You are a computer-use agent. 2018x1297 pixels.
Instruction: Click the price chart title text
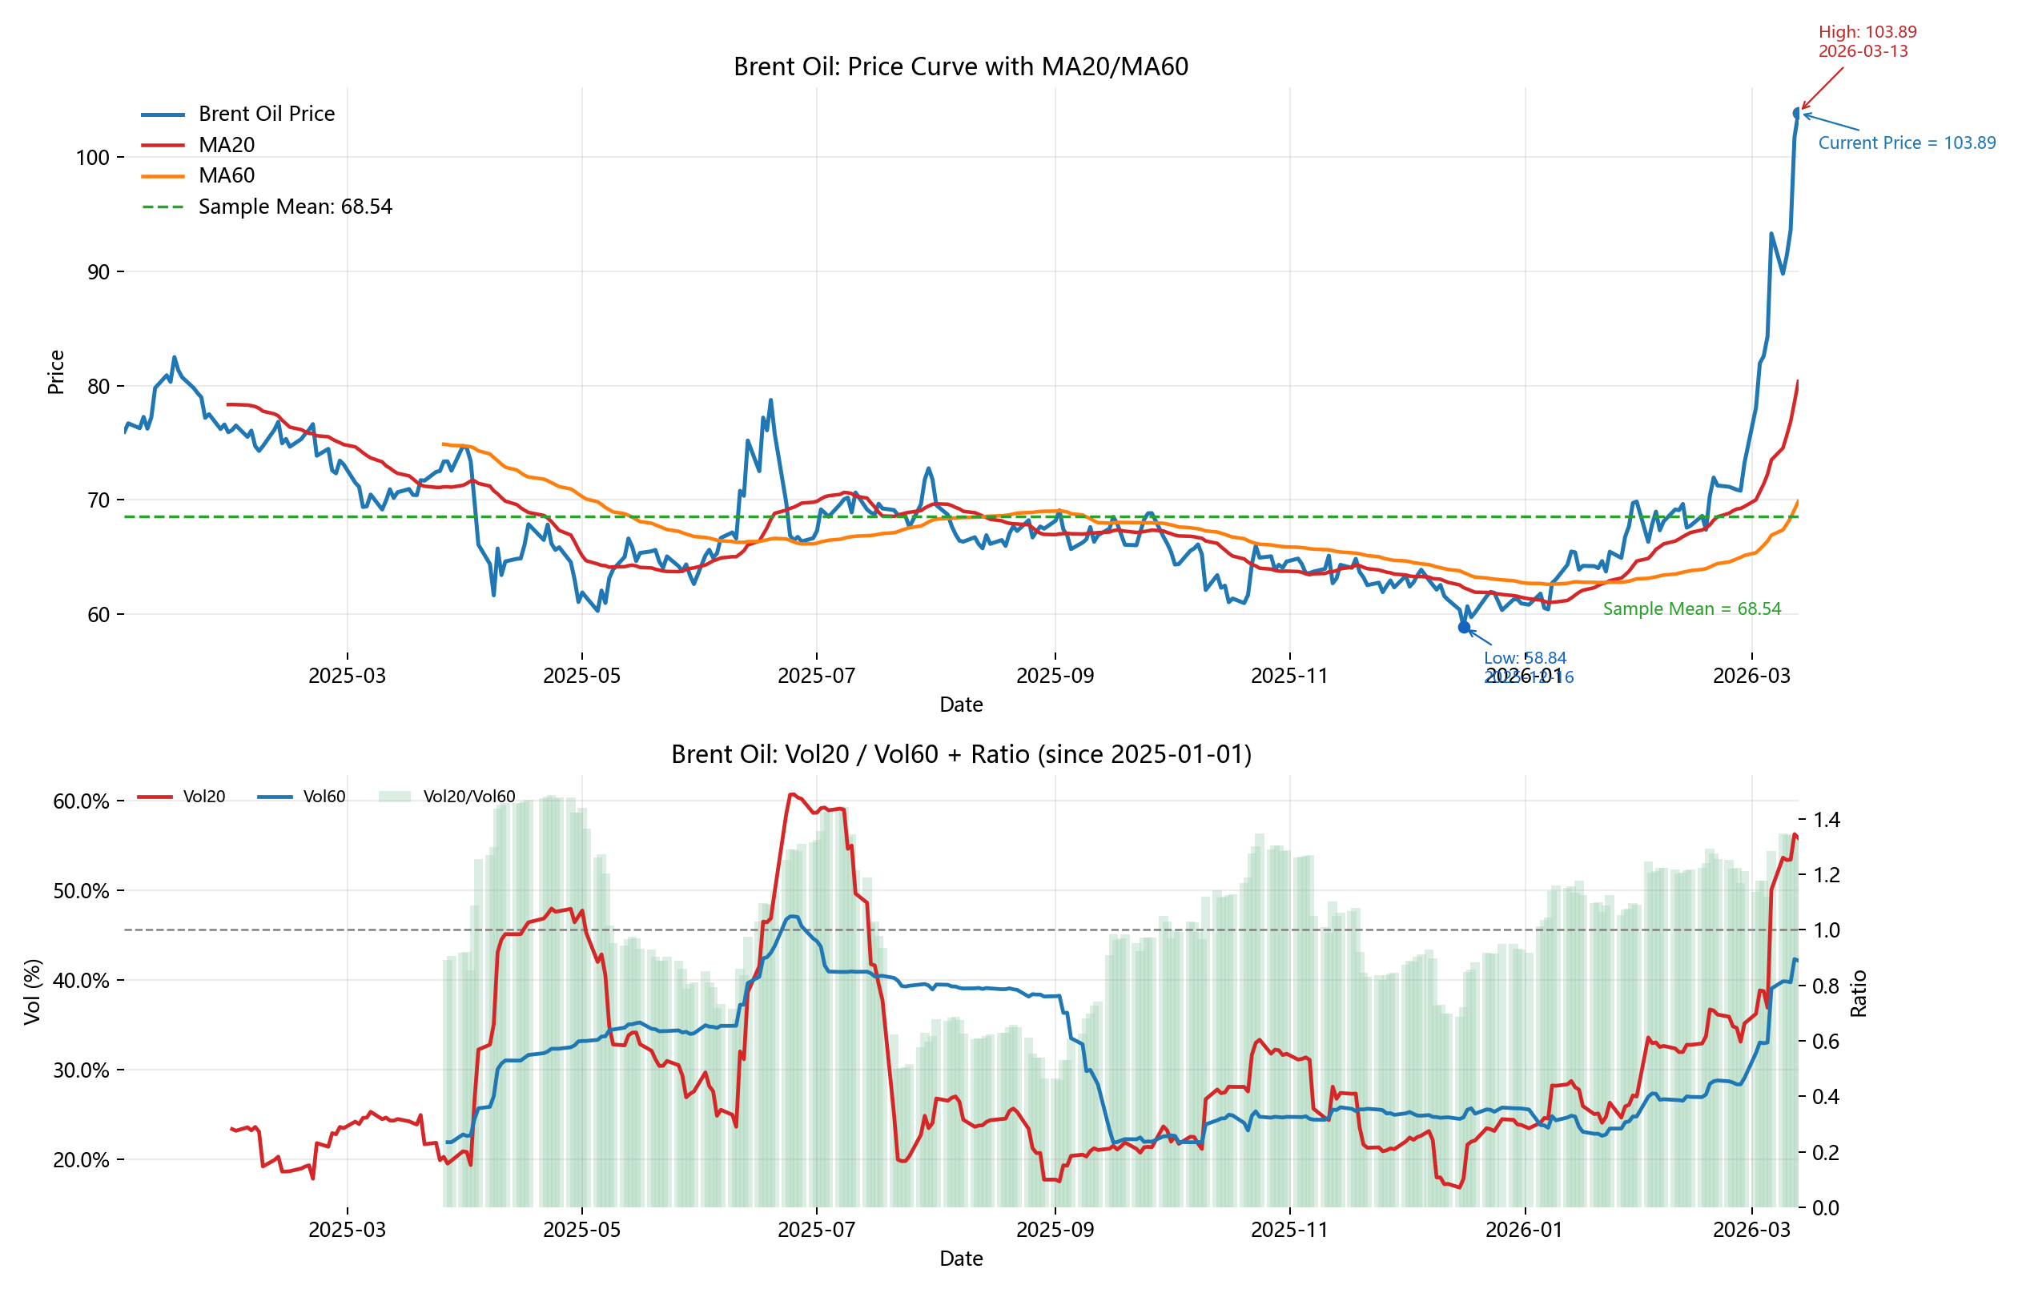[x=960, y=66]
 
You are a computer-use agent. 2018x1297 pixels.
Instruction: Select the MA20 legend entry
[x=226, y=145]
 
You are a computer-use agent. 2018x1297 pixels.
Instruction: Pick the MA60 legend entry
[x=226, y=175]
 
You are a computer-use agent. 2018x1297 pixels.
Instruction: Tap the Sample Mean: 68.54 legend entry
[x=295, y=207]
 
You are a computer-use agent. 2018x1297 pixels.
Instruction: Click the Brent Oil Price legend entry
[x=266, y=114]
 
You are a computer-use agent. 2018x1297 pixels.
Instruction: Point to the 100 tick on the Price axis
[x=93, y=158]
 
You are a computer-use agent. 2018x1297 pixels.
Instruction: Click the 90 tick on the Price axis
[x=98, y=272]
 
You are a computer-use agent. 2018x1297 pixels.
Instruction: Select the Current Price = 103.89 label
[x=1906, y=143]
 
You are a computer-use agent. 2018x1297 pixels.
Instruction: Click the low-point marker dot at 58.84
[x=1464, y=628]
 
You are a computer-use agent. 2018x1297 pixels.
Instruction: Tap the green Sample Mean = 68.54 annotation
[x=1691, y=609]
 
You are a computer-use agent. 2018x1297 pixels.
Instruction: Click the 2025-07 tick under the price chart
[x=815, y=677]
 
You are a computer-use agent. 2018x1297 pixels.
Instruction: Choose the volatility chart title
[x=960, y=753]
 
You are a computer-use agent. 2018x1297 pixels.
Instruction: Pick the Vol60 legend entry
[x=324, y=797]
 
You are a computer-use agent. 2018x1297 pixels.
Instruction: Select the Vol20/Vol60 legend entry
[x=468, y=797]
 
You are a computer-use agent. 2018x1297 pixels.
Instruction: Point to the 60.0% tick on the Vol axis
[x=81, y=801]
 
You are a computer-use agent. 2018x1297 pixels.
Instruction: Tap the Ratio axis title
[x=1858, y=994]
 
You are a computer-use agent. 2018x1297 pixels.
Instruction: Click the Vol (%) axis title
[x=33, y=991]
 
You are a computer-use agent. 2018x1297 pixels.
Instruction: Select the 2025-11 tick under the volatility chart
[x=1288, y=1231]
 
